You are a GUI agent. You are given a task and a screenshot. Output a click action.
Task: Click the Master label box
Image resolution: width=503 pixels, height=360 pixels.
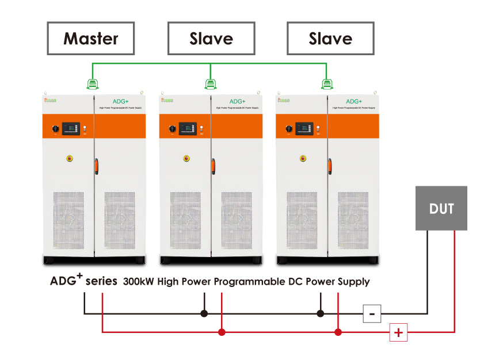pos(91,39)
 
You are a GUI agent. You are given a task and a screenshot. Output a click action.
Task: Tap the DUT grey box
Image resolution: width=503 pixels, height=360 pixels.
pos(441,208)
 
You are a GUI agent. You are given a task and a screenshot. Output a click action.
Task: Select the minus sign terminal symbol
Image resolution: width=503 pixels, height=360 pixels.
pos(372,314)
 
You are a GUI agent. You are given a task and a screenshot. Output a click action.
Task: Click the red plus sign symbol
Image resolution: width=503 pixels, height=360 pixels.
pos(398,332)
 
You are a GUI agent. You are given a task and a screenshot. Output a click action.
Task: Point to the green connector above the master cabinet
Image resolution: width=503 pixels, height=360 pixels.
pos(92,85)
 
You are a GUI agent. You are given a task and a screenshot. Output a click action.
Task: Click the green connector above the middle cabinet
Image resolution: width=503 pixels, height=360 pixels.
pos(211,85)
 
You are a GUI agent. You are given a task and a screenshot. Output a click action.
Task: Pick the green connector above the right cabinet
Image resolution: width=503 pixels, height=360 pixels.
pos(327,85)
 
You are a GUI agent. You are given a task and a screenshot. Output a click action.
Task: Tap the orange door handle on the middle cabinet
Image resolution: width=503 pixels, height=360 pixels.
pos(213,166)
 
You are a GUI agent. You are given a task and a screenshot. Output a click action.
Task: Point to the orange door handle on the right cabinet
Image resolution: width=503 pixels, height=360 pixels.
pos(330,166)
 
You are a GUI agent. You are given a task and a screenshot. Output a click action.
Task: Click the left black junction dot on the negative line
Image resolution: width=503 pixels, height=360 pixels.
pos(204,314)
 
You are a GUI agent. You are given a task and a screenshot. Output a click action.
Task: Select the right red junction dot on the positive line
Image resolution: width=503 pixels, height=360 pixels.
pos(338,332)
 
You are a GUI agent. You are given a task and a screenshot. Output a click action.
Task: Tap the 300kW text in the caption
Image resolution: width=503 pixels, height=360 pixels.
pos(137,282)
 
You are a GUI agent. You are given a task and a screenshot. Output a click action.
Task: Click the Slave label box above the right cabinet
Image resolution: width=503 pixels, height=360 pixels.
pos(330,39)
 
